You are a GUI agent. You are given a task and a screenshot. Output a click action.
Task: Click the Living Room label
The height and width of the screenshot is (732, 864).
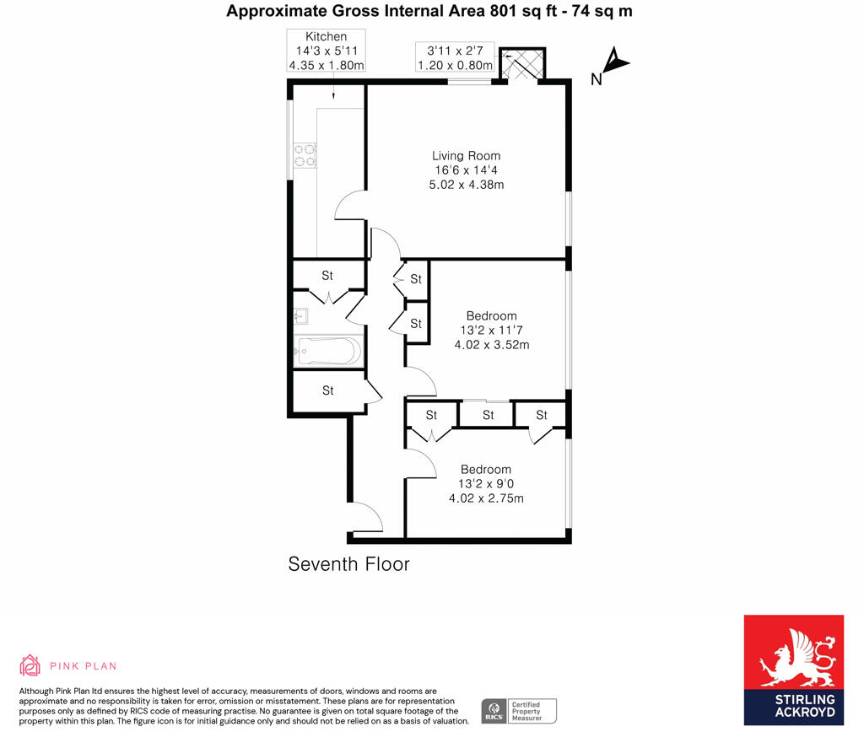(466, 156)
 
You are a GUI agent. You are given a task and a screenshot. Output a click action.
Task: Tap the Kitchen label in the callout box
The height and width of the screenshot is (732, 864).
(326, 36)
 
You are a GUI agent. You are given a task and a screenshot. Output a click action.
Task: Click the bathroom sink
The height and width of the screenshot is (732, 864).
(302, 316)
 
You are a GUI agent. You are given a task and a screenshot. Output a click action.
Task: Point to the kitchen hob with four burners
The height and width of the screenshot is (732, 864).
(305, 156)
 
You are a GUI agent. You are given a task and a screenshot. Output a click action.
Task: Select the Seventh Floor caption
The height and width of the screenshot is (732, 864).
(348, 564)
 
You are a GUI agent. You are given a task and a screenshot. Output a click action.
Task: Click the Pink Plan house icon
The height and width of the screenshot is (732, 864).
(30, 665)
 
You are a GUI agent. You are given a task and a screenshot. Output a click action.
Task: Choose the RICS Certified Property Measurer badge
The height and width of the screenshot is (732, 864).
(519, 711)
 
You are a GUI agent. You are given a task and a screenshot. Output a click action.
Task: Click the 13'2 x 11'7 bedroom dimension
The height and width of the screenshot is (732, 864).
(491, 331)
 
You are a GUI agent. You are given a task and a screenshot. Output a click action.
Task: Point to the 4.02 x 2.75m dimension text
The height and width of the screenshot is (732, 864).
(486, 498)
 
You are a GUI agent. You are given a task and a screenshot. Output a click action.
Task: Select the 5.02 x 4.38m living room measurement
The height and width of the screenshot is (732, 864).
(467, 185)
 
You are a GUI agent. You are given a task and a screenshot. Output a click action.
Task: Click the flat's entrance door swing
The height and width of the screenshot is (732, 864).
(367, 517)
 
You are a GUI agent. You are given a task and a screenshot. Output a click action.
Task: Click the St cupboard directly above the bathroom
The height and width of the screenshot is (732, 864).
(327, 276)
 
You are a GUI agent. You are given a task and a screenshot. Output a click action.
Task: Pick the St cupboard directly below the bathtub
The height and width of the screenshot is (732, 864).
(327, 390)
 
